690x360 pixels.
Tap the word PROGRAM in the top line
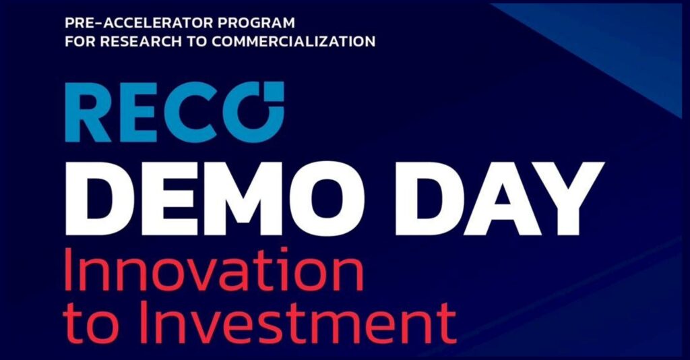tap(248, 23)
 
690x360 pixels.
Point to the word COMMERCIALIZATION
tap(294, 41)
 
